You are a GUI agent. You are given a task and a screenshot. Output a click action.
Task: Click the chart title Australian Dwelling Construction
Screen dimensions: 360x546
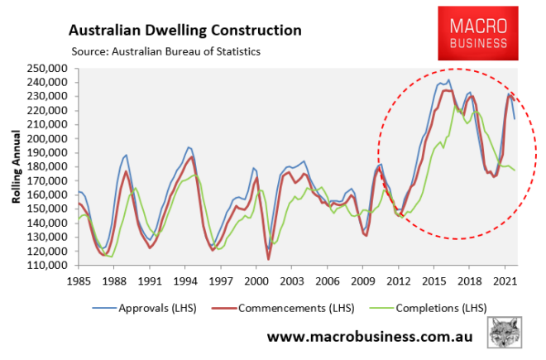(x=184, y=31)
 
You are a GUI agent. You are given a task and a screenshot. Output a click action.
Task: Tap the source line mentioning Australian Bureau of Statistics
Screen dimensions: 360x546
(x=165, y=50)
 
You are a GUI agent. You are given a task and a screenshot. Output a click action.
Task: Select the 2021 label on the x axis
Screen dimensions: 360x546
(x=505, y=279)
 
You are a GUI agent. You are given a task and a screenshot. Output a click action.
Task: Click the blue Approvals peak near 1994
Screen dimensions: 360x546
(x=188, y=146)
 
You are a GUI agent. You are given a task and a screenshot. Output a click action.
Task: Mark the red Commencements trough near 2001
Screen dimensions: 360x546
(x=268, y=259)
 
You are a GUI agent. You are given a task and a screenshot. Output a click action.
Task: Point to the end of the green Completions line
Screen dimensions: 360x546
(x=515, y=170)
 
